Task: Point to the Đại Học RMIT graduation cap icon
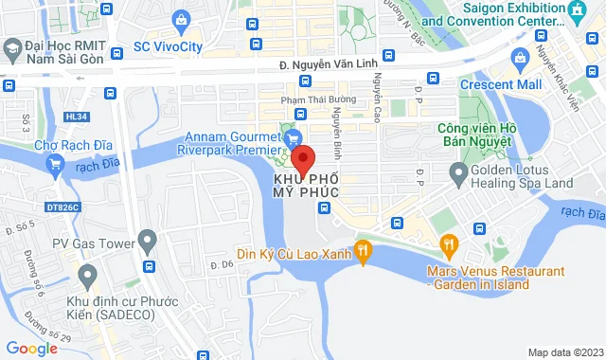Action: tap(13, 47)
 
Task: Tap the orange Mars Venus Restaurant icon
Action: tap(449, 246)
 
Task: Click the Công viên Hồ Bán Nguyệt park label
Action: tap(475, 134)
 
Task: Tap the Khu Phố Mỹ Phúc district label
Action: tap(305, 185)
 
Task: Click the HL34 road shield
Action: tap(76, 116)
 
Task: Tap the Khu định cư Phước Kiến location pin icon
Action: tap(87, 277)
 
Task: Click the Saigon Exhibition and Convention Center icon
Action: tap(577, 10)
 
